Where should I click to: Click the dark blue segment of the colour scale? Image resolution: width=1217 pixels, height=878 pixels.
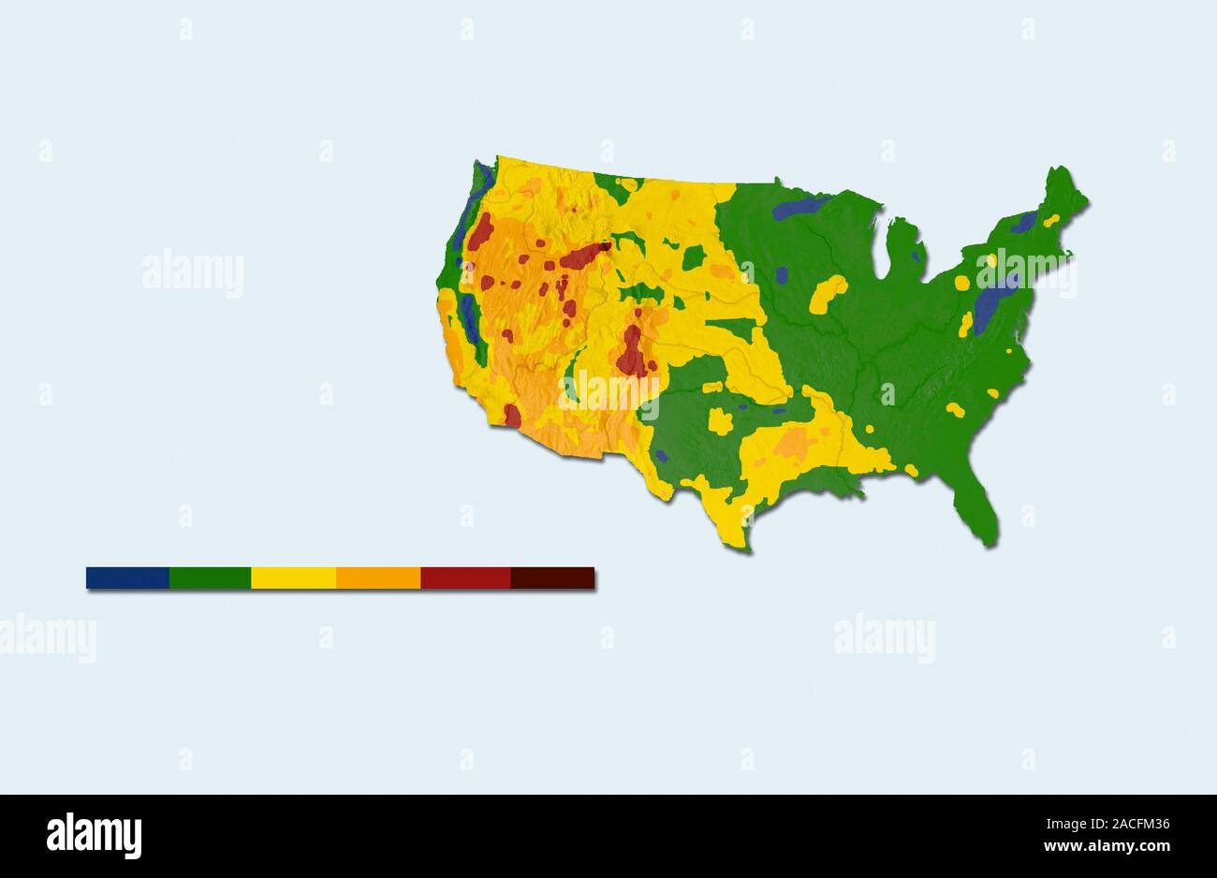(x=127, y=578)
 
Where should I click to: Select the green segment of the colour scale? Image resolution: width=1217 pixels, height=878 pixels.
(x=210, y=578)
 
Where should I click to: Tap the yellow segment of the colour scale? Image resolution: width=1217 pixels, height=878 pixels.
(x=293, y=578)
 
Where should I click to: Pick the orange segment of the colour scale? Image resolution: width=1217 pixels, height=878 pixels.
(x=377, y=578)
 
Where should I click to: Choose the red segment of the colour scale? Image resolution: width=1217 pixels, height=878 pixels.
(x=464, y=578)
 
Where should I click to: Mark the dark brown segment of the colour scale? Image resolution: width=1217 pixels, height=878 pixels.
(x=552, y=578)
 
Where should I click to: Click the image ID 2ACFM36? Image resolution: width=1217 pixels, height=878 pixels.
(x=1136, y=825)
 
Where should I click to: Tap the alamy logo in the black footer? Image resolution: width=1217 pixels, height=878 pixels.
(x=94, y=836)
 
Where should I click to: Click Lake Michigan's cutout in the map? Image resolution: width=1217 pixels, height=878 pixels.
(x=881, y=251)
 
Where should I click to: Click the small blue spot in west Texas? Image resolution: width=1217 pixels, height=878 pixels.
(x=661, y=456)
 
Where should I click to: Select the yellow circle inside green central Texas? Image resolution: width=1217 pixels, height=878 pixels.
(x=720, y=420)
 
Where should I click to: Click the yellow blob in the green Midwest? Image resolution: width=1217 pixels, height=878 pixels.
(x=827, y=294)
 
